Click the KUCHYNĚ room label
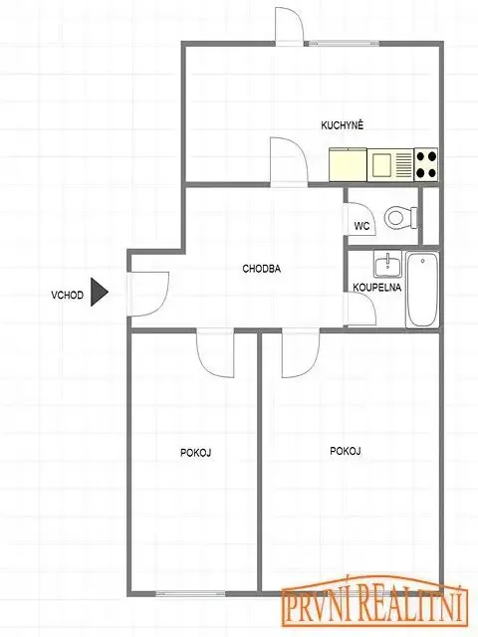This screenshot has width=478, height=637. click(343, 125)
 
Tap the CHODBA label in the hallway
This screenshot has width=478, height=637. click(261, 269)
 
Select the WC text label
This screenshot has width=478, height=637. click(361, 226)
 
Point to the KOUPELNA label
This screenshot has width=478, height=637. click(376, 288)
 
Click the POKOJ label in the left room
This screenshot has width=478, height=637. click(195, 453)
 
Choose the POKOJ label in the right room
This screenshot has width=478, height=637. click(346, 451)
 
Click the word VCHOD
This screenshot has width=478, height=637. click(67, 295)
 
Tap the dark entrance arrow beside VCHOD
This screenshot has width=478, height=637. click(99, 292)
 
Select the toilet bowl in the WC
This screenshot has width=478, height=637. click(400, 217)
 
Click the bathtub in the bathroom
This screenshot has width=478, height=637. click(422, 290)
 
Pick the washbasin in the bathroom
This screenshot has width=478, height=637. click(388, 264)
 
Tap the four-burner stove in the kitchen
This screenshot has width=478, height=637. click(426, 164)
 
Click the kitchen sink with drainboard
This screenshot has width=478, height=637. click(390, 164)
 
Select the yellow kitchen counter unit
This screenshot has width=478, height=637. click(348, 164)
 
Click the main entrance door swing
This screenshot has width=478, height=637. click(148, 294)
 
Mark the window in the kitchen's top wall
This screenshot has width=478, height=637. click(342, 43)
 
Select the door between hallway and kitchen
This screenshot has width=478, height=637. click(289, 162)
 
